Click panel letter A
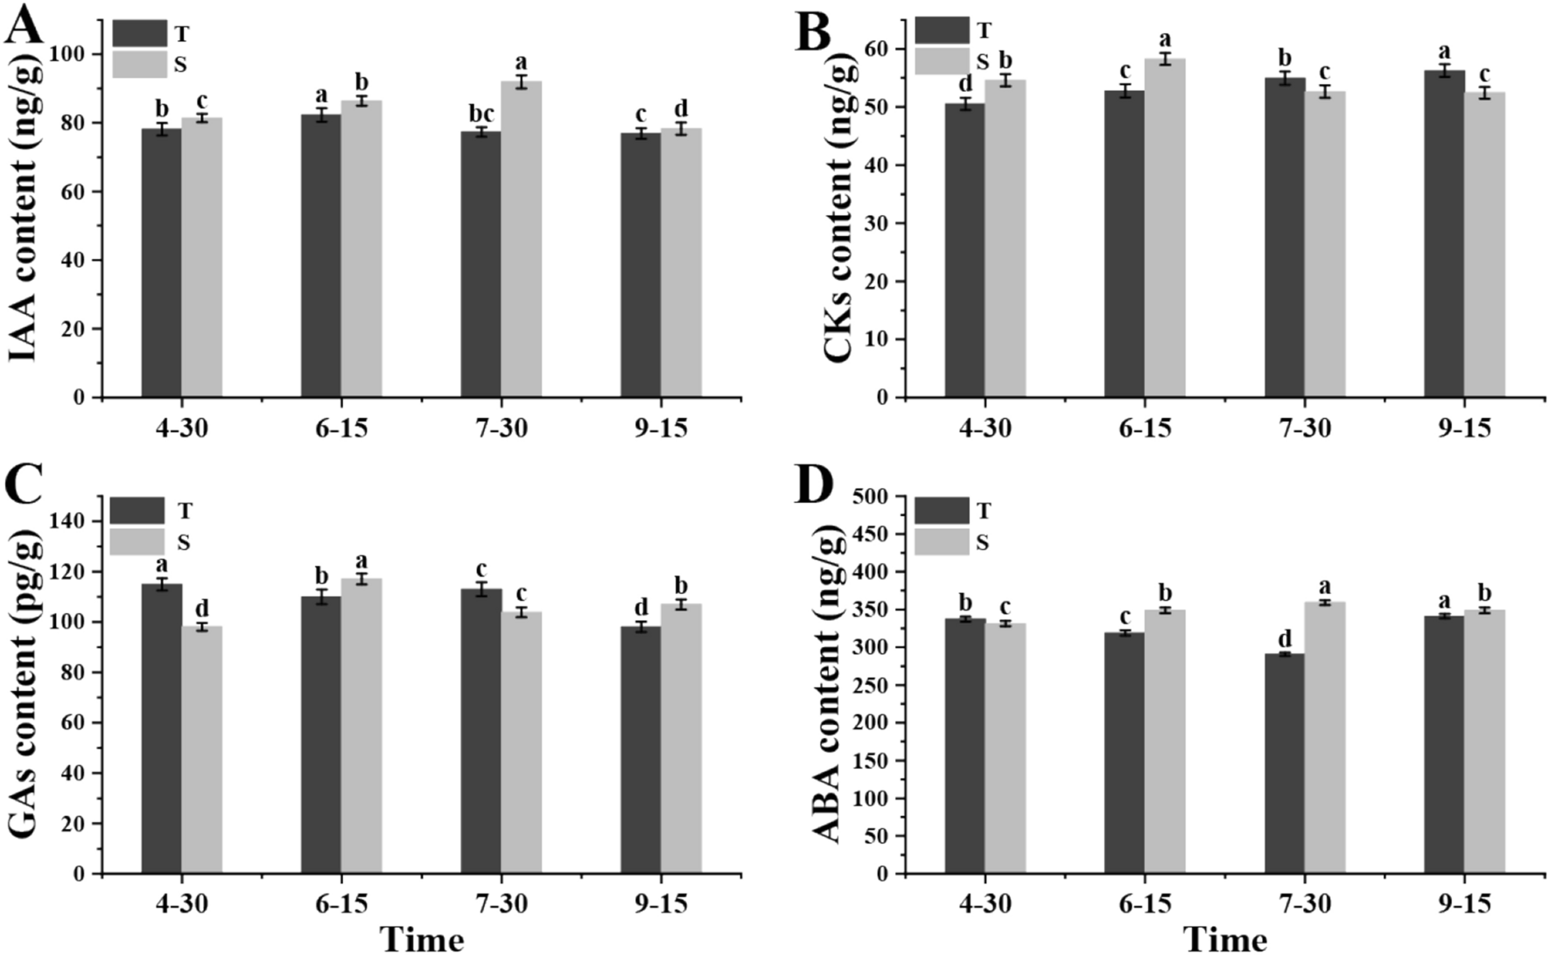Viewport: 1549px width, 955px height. click(24, 26)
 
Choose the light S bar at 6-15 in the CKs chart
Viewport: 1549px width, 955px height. click(1165, 227)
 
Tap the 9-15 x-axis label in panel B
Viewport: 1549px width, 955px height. click(1464, 429)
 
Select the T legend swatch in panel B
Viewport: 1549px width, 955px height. click(942, 31)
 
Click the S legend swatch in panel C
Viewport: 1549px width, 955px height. click(137, 542)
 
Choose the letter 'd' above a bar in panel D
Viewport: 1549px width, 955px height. click(1284, 638)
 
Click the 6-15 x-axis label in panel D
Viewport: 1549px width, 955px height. click(1145, 903)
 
